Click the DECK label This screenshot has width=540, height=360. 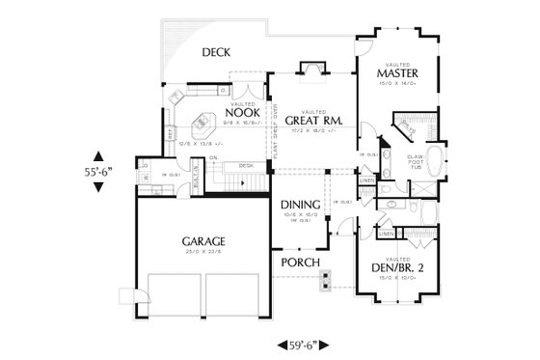point(214,55)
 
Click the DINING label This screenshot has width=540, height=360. point(301,206)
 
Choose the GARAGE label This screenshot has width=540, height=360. point(202,240)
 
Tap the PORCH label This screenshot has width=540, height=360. point(300,263)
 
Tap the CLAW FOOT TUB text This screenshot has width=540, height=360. point(416,161)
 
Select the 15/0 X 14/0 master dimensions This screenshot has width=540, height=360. point(397,84)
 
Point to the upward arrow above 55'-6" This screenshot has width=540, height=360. point(99,153)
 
